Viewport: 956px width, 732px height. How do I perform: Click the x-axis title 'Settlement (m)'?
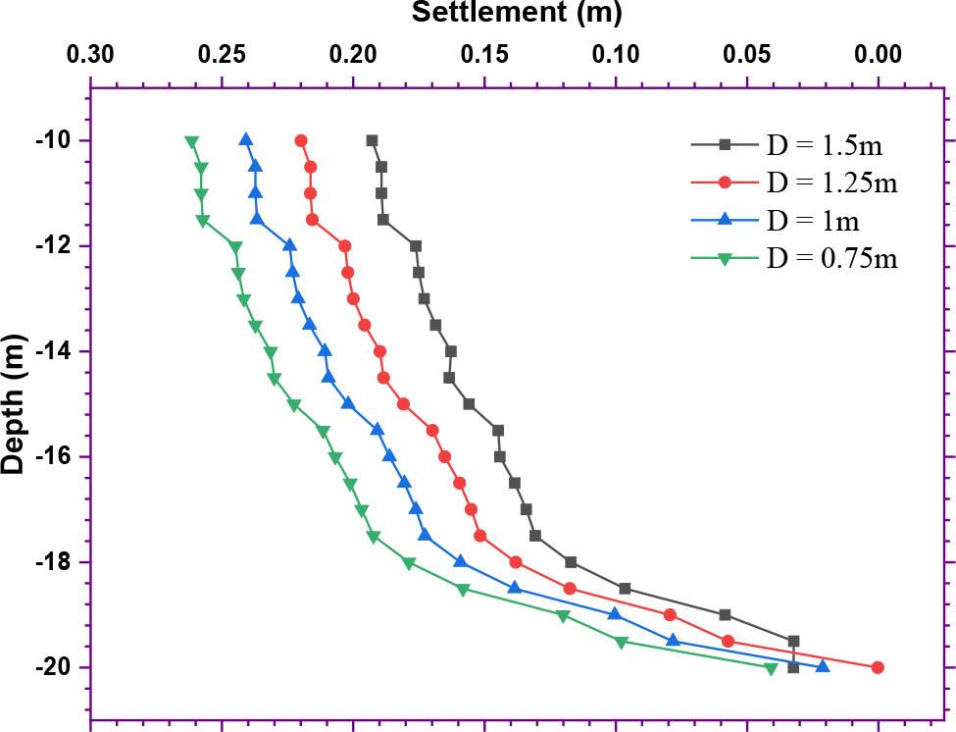point(516,13)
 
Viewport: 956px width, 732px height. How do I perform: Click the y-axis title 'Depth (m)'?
point(14,403)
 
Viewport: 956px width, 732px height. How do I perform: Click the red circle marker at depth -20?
point(878,667)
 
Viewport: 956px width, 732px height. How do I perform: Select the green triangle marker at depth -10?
point(192,141)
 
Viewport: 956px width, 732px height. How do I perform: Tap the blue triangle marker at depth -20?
point(823,666)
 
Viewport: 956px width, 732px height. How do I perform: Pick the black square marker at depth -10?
point(372,140)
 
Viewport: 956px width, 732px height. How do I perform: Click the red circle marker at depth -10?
point(301,140)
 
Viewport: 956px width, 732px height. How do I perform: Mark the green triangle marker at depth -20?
point(771,668)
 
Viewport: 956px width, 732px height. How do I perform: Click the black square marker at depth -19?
point(725,614)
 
